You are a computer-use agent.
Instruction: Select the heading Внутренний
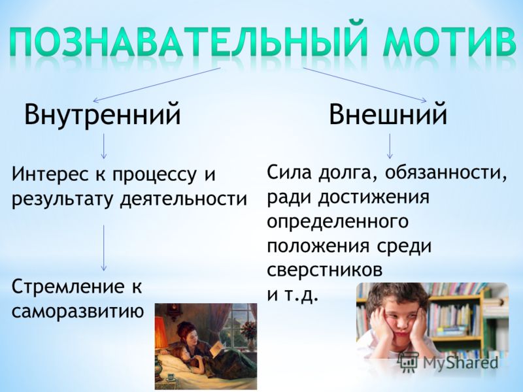103,114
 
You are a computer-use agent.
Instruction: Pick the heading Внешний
388,114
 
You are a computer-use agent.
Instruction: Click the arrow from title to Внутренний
157,85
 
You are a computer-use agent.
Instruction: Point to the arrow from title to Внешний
365,85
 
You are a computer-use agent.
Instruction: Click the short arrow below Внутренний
104,146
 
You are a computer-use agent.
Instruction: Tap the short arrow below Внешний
390,146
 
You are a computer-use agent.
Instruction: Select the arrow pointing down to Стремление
104,248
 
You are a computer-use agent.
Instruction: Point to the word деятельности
184,199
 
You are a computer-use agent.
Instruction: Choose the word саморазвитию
78,312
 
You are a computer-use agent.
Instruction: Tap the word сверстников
324,270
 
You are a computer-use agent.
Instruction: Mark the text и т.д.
291,295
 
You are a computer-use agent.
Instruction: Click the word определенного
337,221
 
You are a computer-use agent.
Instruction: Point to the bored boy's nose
397,322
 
